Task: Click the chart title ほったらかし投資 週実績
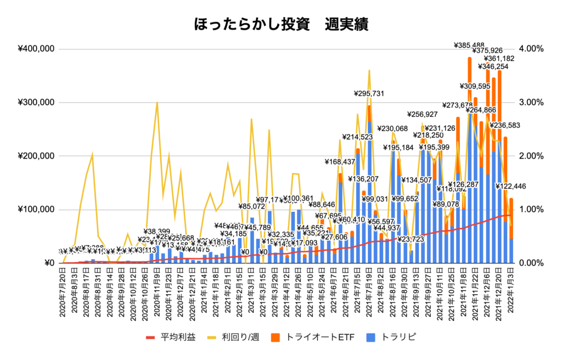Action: click(281, 24)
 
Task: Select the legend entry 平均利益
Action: click(171, 336)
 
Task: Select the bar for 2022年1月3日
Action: click(511, 230)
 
